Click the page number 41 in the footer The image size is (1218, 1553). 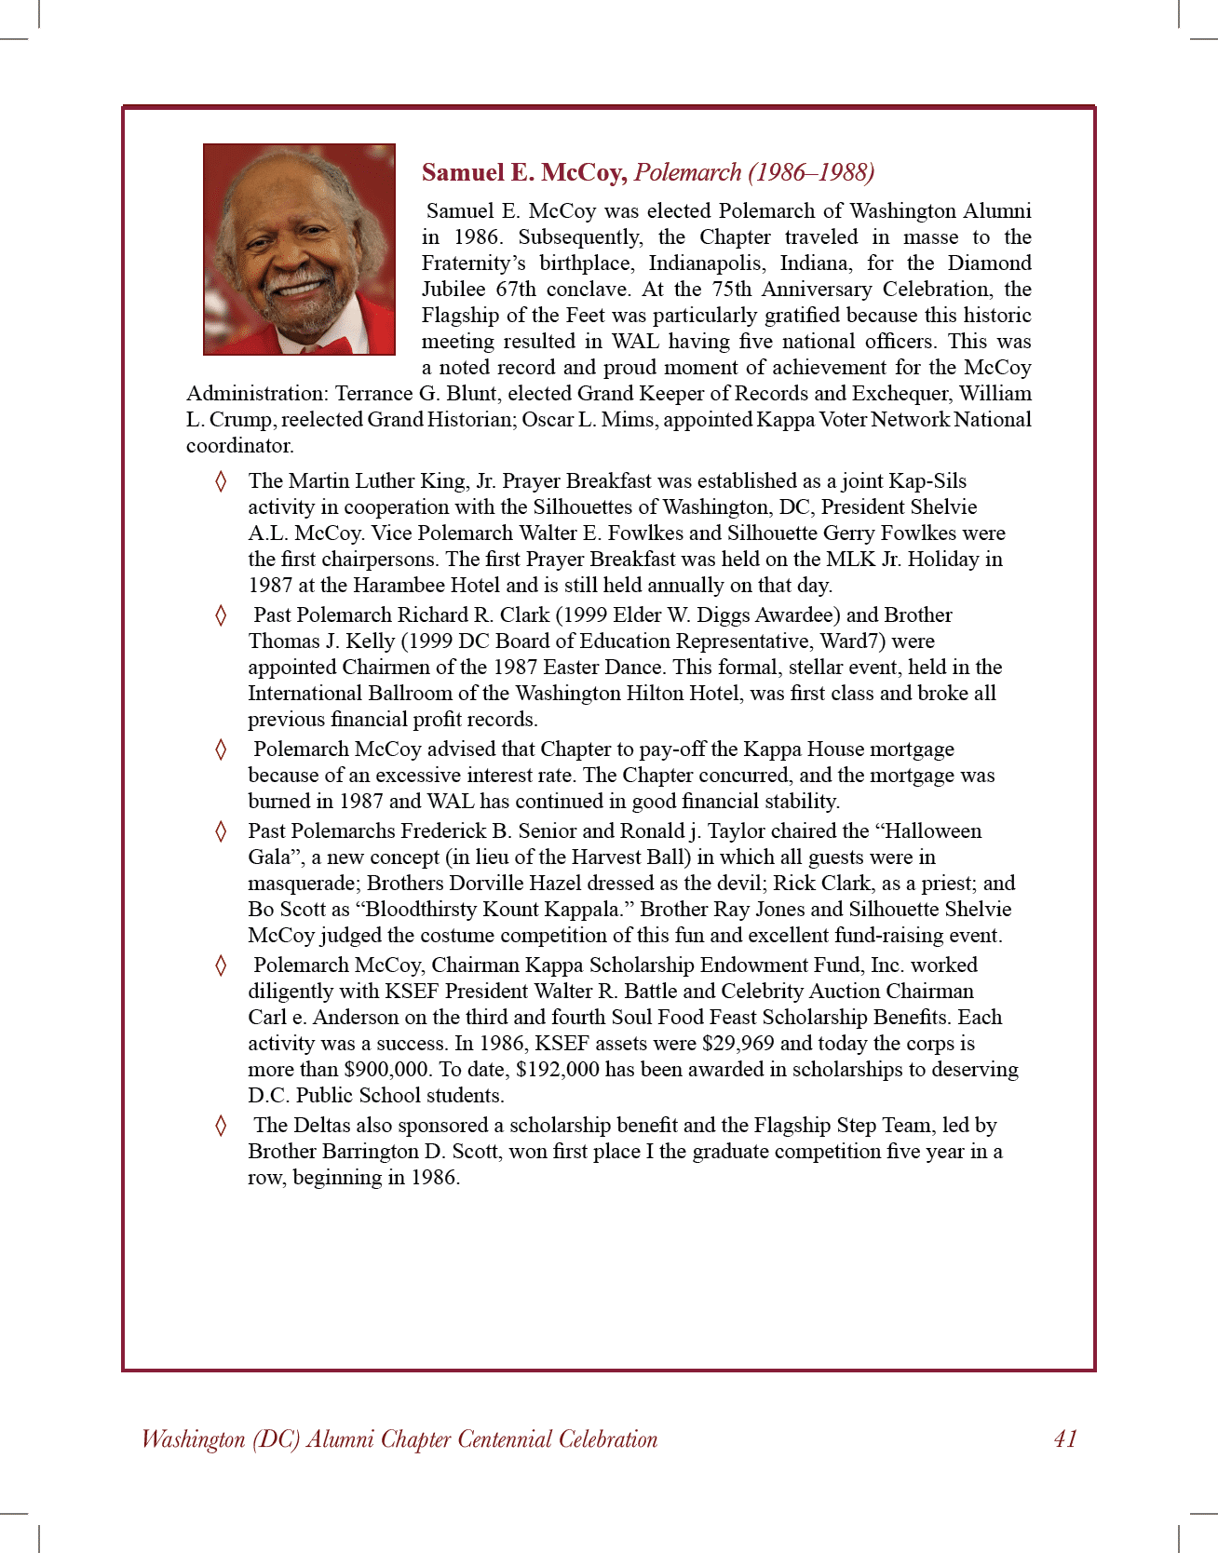coord(1065,1438)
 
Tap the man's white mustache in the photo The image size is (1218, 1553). coord(295,278)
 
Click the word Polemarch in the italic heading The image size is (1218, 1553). coord(687,172)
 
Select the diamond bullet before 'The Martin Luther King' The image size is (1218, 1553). coord(221,481)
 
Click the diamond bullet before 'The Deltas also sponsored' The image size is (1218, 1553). coord(221,1126)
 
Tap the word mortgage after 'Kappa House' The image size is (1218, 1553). coord(905,749)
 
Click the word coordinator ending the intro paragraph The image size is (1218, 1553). coord(239,445)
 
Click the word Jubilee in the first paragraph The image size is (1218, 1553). coord(453,289)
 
